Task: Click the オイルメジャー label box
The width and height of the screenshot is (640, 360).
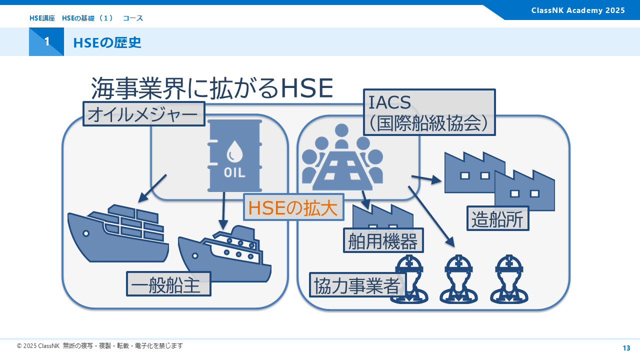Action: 144,114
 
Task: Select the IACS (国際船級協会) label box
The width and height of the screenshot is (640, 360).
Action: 429,112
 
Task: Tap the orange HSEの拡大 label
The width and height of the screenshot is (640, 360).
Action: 293,207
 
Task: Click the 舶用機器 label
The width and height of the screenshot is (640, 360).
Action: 383,240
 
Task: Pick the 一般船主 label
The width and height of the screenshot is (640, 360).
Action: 168,284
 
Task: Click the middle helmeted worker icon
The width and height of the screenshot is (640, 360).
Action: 458,280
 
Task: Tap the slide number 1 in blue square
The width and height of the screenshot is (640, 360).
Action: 46,42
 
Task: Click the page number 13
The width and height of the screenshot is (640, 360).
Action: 626,348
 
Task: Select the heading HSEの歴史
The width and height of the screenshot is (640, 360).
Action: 107,42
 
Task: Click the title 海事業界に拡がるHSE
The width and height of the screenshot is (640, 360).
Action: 211,89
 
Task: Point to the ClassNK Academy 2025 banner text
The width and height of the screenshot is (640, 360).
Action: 578,10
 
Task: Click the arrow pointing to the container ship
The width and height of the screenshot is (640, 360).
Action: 151,189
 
